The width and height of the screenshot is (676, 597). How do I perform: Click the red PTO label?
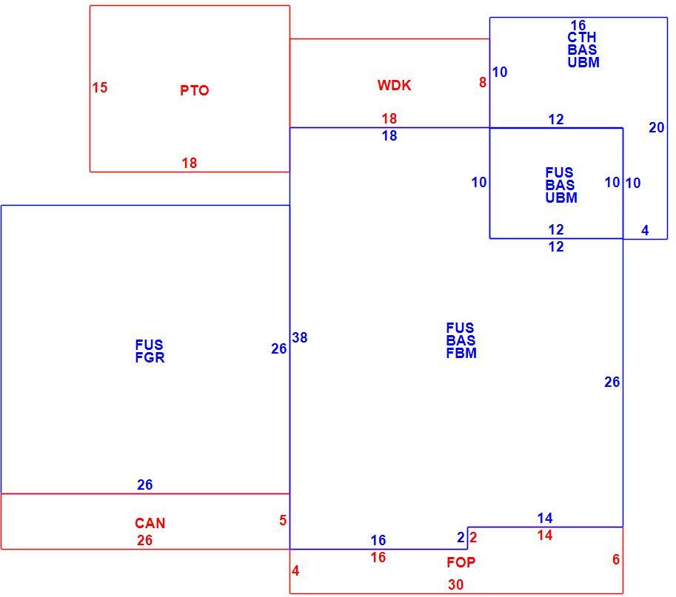click(x=195, y=90)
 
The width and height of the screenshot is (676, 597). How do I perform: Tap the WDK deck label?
click(x=394, y=85)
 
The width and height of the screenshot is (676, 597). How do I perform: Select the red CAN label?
click(x=150, y=523)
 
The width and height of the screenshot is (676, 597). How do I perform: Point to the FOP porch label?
click(x=461, y=562)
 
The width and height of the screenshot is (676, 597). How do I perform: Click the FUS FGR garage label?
click(x=150, y=351)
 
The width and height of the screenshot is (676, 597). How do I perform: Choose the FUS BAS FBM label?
click(x=461, y=340)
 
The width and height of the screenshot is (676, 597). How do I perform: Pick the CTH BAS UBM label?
click(x=583, y=50)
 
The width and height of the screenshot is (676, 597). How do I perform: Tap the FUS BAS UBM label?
click(x=561, y=185)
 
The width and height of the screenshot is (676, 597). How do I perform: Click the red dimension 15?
click(x=100, y=87)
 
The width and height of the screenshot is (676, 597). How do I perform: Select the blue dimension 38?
click(x=300, y=337)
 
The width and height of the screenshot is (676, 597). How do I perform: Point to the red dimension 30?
click(x=455, y=584)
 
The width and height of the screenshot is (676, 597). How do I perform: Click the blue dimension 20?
click(x=657, y=127)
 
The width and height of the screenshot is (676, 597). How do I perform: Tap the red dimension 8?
click(x=483, y=82)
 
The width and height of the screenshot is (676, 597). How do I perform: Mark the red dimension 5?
click(x=283, y=520)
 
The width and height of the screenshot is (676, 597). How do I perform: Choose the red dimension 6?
click(x=616, y=559)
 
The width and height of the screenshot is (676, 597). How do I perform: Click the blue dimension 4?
click(x=645, y=231)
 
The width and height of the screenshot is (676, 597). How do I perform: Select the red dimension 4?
click(x=295, y=570)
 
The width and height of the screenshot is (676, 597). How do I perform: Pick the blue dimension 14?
click(x=545, y=518)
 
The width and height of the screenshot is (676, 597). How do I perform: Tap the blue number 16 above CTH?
click(x=578, y=25)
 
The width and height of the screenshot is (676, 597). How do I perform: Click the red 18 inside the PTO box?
click(x=190, y=163)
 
